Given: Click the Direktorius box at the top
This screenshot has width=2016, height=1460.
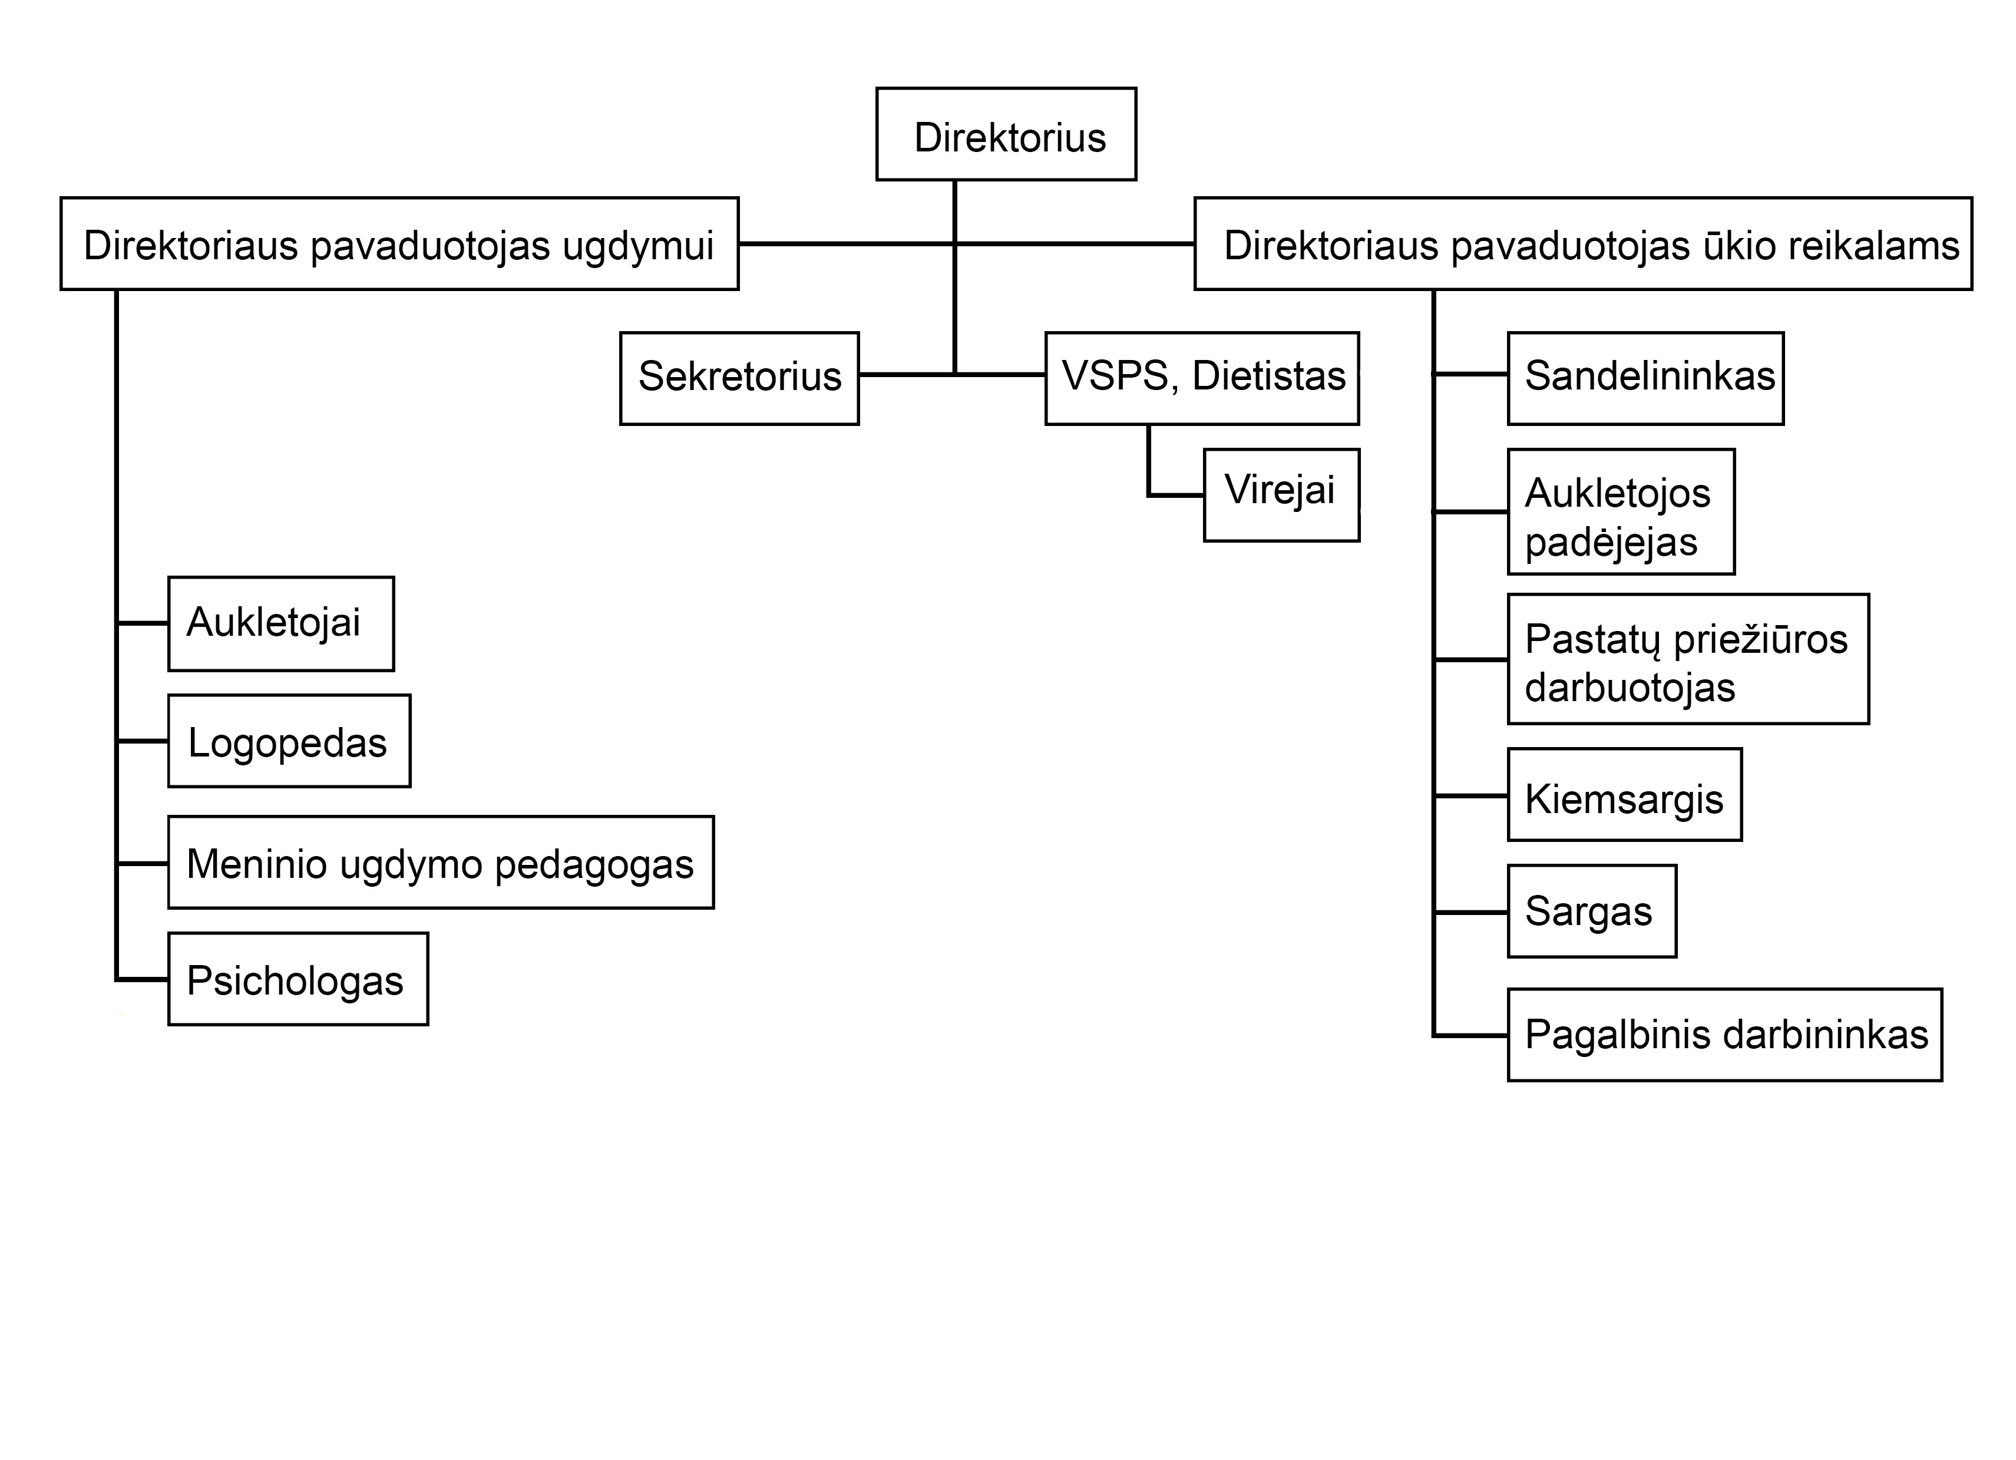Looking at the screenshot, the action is click(1006, 134).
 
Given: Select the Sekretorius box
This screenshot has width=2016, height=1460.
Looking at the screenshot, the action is click(739, 379).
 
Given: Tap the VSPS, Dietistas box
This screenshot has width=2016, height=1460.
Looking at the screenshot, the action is click(1202, 379).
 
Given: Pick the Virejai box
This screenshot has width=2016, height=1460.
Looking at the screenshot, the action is click(1282, 496).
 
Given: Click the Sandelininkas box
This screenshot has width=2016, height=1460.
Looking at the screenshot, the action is click(1645, 379).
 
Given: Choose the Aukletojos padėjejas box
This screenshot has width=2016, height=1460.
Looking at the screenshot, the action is click(1621, 512).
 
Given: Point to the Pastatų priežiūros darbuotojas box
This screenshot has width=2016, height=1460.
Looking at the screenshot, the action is click(1688, 659).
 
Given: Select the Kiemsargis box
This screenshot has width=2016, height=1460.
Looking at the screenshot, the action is click(1625, 795).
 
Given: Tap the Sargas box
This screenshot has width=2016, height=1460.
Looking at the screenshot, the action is click(1592, 911).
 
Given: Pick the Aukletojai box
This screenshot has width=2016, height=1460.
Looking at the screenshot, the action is click(281, 623).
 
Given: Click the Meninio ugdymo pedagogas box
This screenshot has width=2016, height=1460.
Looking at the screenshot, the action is click(441, 863).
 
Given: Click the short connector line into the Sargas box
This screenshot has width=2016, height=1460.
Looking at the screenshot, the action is click(1471, 912).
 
